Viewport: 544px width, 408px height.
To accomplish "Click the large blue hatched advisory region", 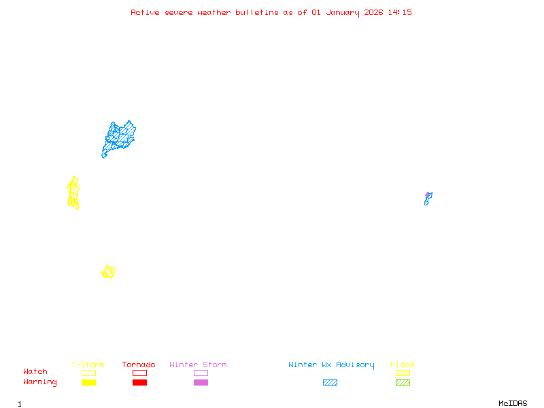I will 119,138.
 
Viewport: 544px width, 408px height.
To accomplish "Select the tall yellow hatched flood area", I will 73,193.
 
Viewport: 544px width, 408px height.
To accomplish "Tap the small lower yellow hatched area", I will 108,272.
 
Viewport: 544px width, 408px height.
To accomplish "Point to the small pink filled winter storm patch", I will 428,194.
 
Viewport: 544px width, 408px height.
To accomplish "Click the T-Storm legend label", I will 88,365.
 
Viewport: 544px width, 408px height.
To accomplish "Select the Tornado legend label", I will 139,365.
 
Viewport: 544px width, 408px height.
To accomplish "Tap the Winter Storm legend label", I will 198,365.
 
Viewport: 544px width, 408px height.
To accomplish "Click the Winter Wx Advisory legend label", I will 331,365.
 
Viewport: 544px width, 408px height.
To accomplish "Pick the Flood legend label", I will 403,365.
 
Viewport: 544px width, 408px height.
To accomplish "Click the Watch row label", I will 35,372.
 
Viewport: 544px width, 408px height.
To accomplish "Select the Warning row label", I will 39,382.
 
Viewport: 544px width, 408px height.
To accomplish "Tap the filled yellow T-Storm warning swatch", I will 88,382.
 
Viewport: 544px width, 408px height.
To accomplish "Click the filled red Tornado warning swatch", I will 139,382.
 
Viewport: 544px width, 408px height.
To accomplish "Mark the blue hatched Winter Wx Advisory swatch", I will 330,382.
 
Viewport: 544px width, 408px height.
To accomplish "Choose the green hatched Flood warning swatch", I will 403,382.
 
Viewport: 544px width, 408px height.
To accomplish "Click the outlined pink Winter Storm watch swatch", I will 201,373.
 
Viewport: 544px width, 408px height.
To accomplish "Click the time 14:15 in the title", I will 399,12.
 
